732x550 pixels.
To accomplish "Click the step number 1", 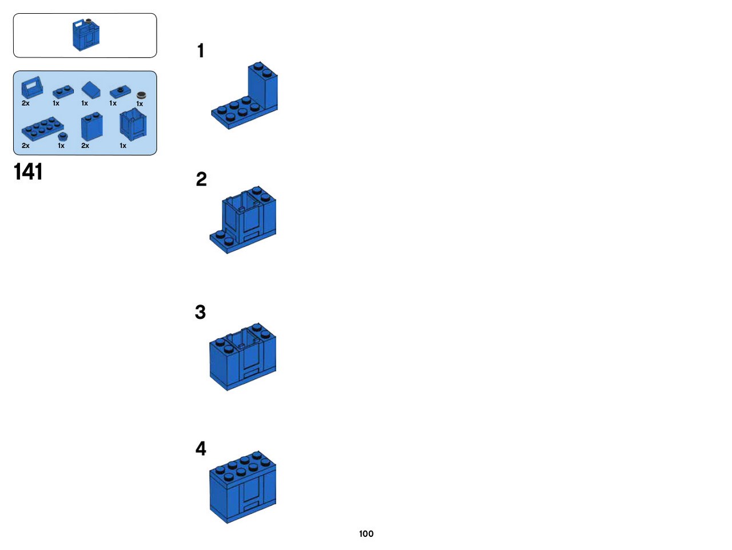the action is (x=200, y=51).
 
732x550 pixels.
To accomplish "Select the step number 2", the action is (x=201, y=179).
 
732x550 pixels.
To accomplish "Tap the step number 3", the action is (x=200, y=312).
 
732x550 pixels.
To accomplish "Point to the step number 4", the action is (x=201, y=448).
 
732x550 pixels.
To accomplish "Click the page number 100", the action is (x=366, y=533).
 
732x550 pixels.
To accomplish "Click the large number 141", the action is (x=28, y=172).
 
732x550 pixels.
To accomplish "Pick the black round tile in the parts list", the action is (x=141, y=96).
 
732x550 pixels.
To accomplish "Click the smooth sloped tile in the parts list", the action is (x=91, y=89).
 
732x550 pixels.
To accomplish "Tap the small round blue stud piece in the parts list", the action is (x=63, y=136).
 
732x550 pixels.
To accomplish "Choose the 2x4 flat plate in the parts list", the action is (x=42, y=128).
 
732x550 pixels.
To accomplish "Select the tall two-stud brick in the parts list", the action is (x=91, y=126).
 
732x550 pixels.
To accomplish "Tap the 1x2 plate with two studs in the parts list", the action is (x=63, y=92).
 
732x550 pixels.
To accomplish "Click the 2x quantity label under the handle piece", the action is (x=25, y=103).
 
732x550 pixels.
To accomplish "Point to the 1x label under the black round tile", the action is (x=140, y=104).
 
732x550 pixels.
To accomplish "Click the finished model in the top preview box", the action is (x=86, y=35).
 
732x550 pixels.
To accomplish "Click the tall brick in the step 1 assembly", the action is (x=263, y=86).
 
